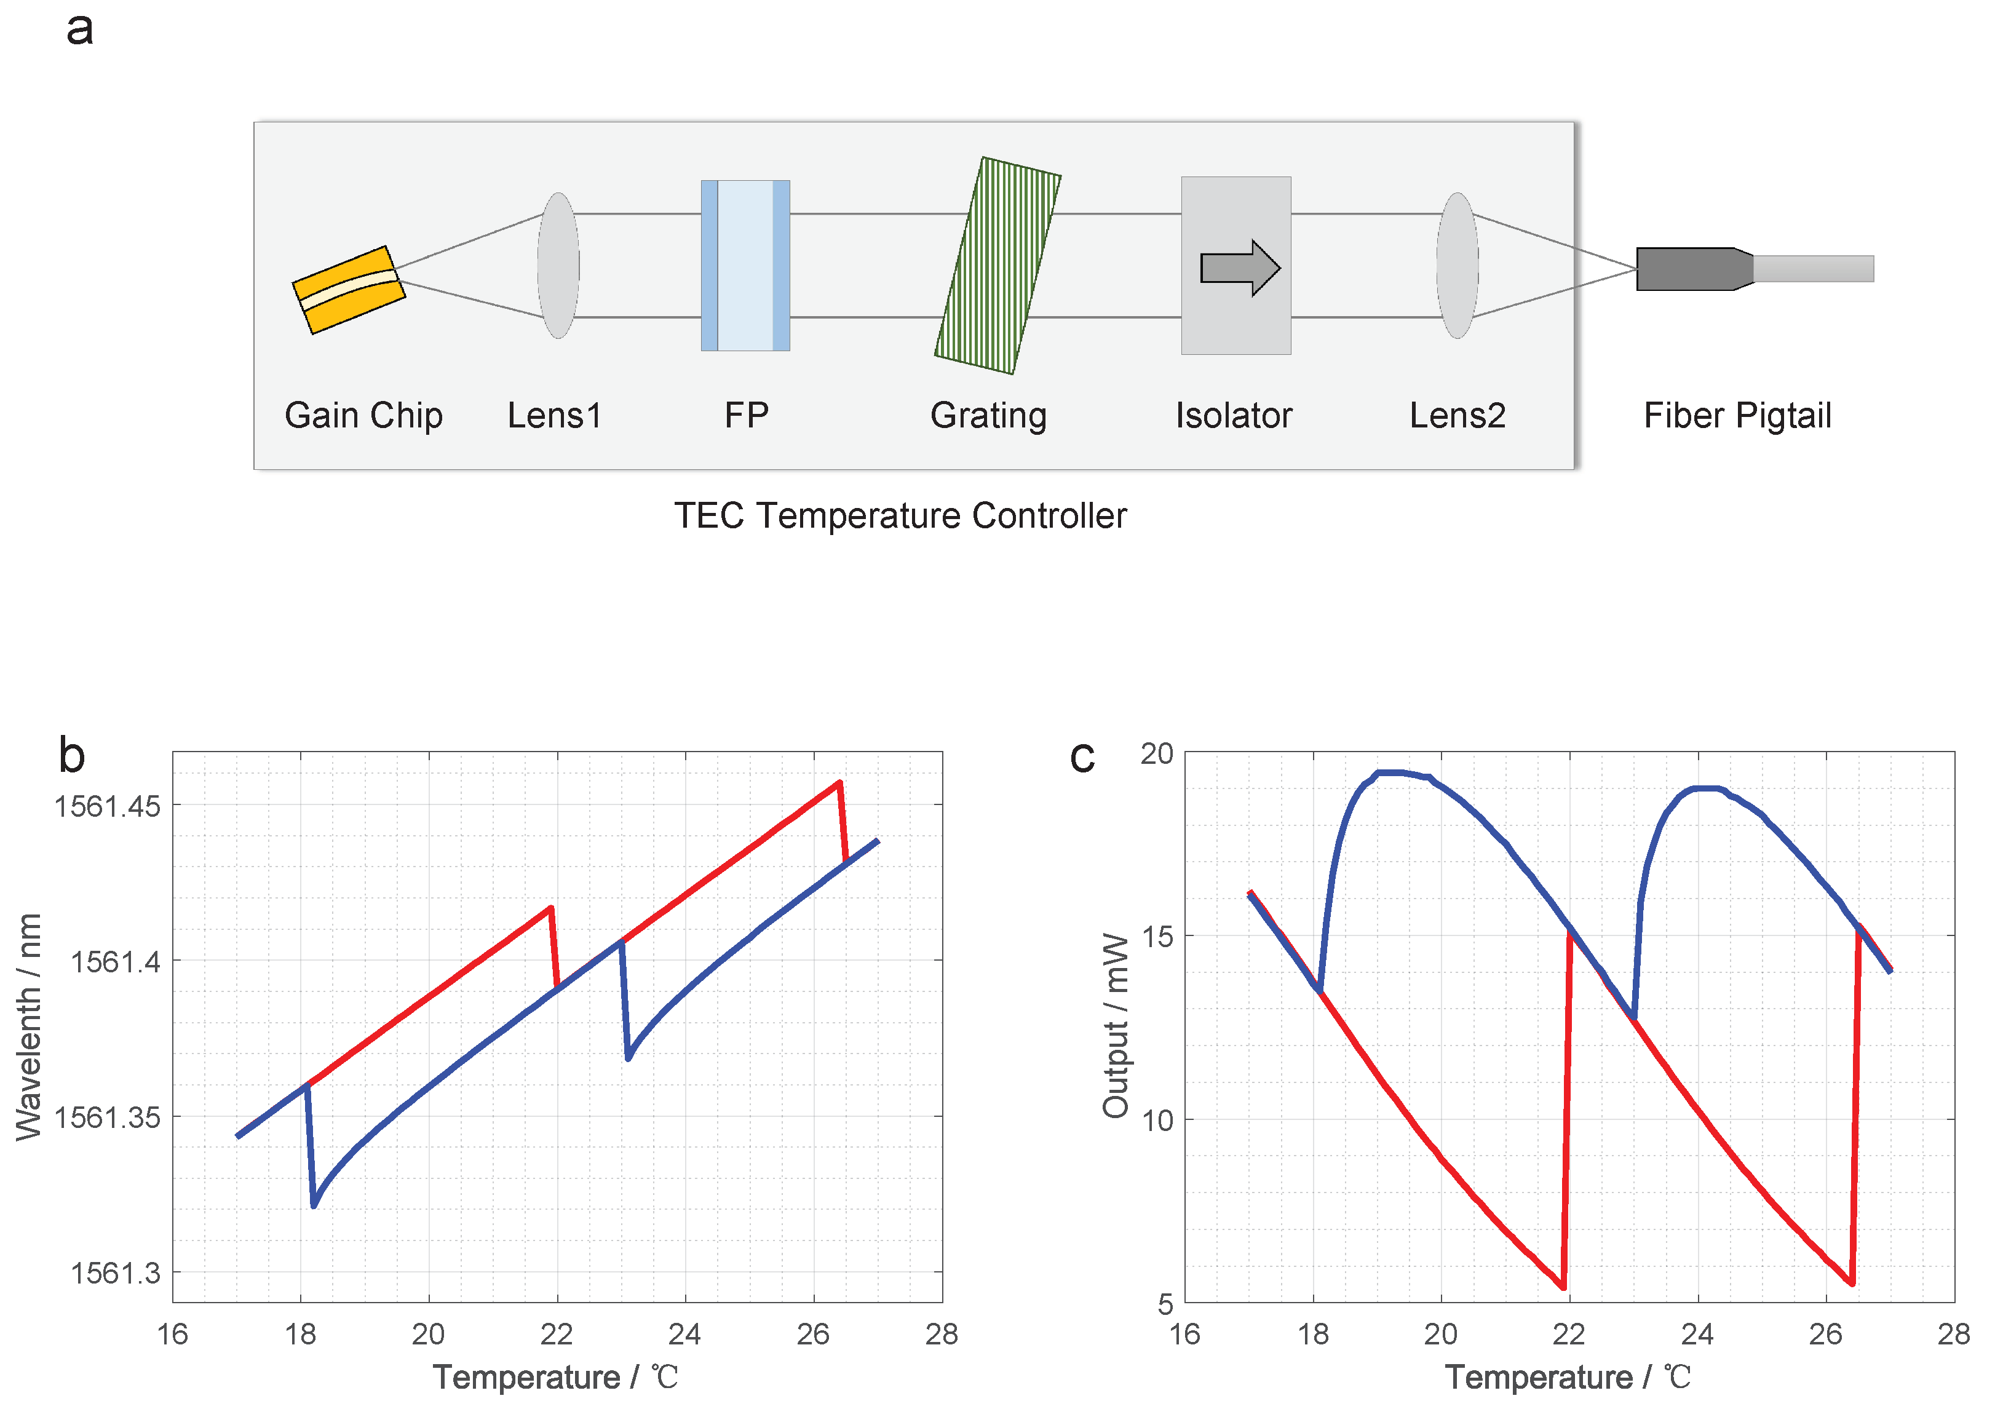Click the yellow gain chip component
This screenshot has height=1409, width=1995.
pos(349,290)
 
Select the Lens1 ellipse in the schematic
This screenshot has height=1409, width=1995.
pos(558,265)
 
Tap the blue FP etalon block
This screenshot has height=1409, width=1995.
pos(745,265)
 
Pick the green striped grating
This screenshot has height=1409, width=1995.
pos(997,265)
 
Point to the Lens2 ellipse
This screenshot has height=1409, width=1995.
pos(1457,265)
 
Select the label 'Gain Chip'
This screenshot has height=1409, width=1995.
pos(363,416)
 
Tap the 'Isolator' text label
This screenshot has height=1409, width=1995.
pos(1233,416)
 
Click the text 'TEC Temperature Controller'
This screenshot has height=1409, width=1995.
pos(900,515)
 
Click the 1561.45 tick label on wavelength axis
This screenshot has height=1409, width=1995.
pos(108,806)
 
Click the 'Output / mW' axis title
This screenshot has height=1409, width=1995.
pos(1115,1026)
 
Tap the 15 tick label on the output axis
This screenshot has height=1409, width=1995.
pos(1157,936)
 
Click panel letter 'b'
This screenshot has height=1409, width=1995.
pos(72,755)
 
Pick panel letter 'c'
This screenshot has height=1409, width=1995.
pos(1082,756)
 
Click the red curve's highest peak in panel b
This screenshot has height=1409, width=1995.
pos(838,782)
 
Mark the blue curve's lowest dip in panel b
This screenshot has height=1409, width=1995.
pos(314,1205)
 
